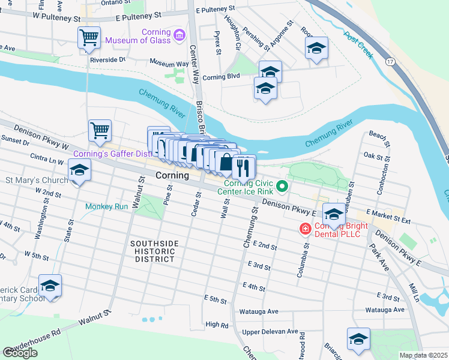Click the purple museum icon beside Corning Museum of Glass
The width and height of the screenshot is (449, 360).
pyautogui.click(x=178, y=35)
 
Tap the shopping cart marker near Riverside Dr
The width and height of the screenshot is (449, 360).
pyautogui.click(x=89, y=38)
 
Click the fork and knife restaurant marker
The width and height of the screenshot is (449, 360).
pyautogui.click(x=244, y=166)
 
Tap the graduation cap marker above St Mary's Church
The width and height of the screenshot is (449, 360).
pyautogui.click(x=79, y=170)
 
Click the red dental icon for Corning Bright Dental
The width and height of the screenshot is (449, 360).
pyautogui.click(x=305, y=229)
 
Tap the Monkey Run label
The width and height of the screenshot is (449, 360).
pyautogui.click(x=107, y=206)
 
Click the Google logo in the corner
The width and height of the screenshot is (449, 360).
pyautogui.click(x=20, y=353)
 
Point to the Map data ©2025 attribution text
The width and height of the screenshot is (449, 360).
pyautogui.click(x=423, y=355)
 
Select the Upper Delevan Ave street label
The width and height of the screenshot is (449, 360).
pyautogui.click(x=270, y=331)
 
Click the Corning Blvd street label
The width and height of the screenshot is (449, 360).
pyautogui.click(x=221, y=76)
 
